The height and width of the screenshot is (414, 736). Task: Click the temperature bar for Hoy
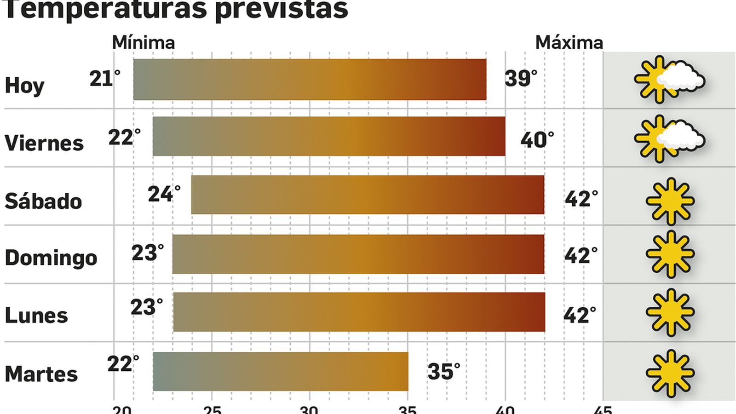[x=310, y=79]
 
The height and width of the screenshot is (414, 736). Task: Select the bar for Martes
[x=281, y=371]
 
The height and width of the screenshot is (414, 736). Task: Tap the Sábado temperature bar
[x=368, y=195]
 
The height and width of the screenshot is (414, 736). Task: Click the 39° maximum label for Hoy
[x=521, y=79]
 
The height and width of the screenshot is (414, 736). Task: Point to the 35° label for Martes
[x=443, y=372]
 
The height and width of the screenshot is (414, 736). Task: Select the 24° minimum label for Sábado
[x=164, y=195]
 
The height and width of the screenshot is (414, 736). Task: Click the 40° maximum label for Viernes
[x=537, y=139]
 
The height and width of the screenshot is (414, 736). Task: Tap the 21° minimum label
[x=104, y=79]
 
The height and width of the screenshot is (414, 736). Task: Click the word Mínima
[x=144, y=43]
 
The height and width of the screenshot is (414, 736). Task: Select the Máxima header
[x=569, y=43]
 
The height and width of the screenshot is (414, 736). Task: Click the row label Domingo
[x=51, y=259]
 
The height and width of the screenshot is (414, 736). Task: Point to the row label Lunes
[x=36, y=316]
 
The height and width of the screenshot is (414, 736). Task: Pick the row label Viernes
[x=44, y=143]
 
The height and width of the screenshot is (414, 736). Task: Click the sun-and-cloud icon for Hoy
[x=669, y=80]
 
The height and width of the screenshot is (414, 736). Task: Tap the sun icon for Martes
[x=670, y=374]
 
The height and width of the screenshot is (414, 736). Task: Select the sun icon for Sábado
[x=670, y=201]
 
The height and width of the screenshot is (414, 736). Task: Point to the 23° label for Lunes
[x=146, y=307]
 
